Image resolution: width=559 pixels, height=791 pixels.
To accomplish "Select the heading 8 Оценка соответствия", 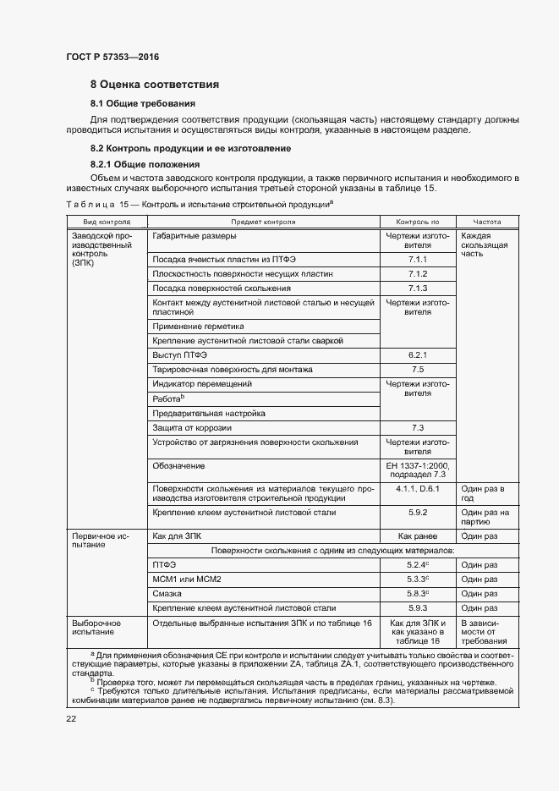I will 155,85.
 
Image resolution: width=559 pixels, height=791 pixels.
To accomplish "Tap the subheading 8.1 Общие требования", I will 136,103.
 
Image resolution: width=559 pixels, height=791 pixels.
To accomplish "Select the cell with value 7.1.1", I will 418,260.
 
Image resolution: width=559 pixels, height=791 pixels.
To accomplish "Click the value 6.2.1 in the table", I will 418,355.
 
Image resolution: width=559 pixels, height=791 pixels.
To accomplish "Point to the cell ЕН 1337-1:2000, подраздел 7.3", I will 418,471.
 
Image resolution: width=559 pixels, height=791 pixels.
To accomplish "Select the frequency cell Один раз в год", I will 483,493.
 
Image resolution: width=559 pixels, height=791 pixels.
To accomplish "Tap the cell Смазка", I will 168,594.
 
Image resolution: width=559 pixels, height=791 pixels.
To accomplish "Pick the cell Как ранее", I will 418,536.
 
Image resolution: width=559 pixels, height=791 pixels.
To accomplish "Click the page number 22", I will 71,719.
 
